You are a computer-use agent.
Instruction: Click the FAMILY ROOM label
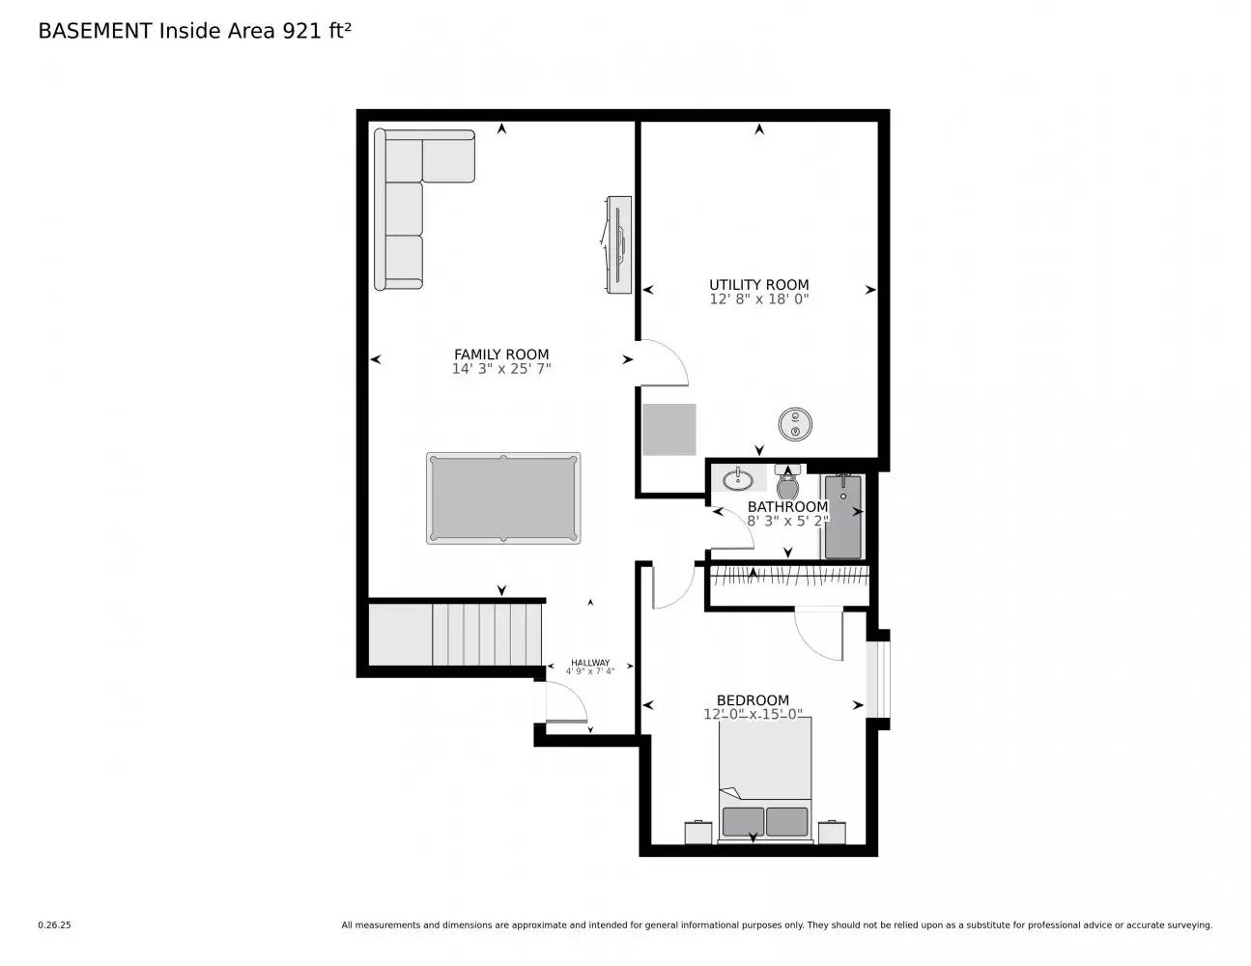coord(501,355)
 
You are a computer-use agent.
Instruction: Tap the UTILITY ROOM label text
coord(758,284)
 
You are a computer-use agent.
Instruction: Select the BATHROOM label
coord(787,506)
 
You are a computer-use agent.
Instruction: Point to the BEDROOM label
coord(753,700)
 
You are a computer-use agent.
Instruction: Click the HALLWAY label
coord(589,663)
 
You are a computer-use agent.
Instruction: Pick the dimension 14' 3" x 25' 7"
coord(501,369)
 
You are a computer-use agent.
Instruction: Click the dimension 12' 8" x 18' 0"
coord(758,299)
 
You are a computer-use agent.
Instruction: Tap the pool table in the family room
coord(503,498)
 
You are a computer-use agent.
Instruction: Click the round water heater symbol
coord(794,422)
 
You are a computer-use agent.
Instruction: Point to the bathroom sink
coord(739,478)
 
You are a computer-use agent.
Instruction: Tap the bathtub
coord(842,517)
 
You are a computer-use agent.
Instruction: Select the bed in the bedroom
coord(764,778)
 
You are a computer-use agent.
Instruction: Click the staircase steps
coord(487,634)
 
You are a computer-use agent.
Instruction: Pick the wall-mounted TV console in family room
coord(617,245)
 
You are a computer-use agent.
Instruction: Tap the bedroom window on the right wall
coord(877,679)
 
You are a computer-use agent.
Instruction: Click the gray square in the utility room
coord(669,430)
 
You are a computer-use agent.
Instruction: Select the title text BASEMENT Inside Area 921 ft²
coord(194,31)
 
